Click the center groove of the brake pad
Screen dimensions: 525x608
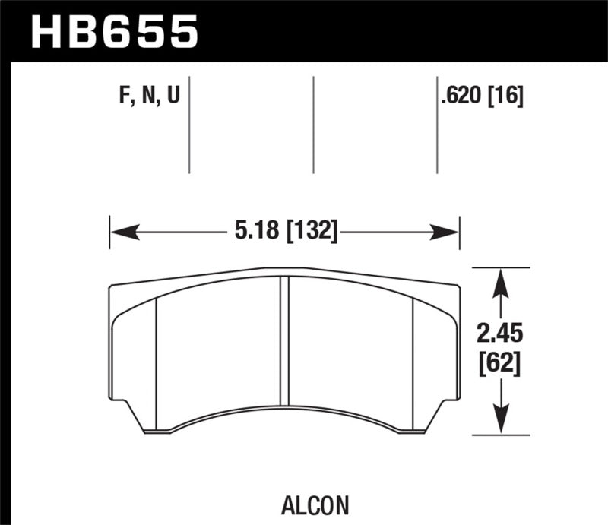286,342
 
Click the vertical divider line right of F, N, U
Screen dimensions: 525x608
189,125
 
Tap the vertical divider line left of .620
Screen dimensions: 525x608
437,125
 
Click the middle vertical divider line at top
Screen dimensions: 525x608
313,125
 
